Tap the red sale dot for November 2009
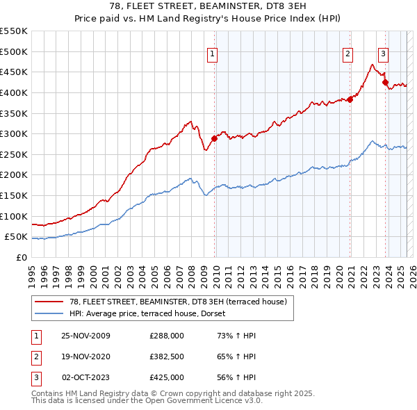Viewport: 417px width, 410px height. tap(214, 138)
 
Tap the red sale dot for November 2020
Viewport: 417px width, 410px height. tap(350, 99)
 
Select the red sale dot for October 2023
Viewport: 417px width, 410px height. tap(385, 82)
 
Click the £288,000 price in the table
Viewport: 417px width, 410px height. tap(166, 336)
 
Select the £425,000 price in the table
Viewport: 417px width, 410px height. tap(166, 377)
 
